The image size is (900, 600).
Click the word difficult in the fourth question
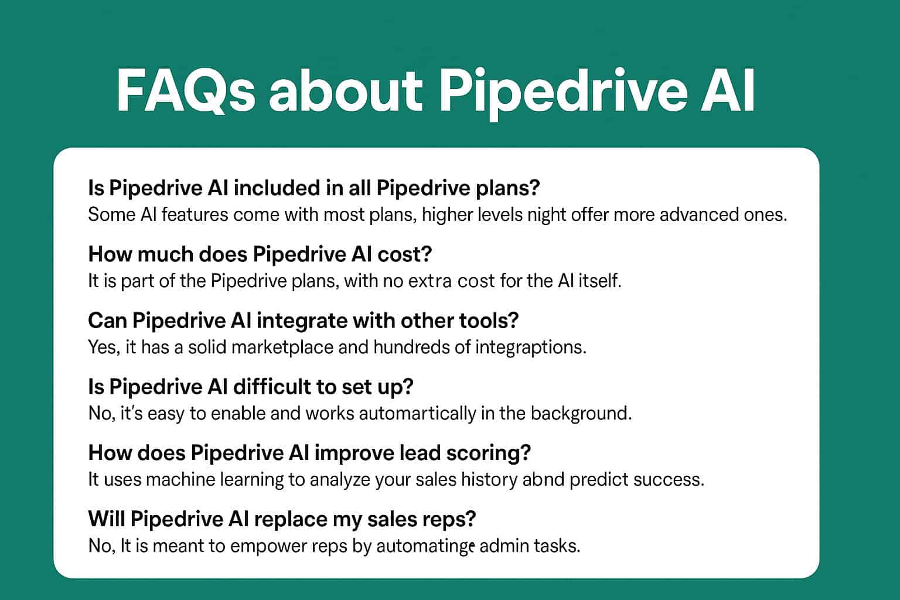(x=280, y=387)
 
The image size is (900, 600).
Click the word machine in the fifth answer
(x=180, y=480)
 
